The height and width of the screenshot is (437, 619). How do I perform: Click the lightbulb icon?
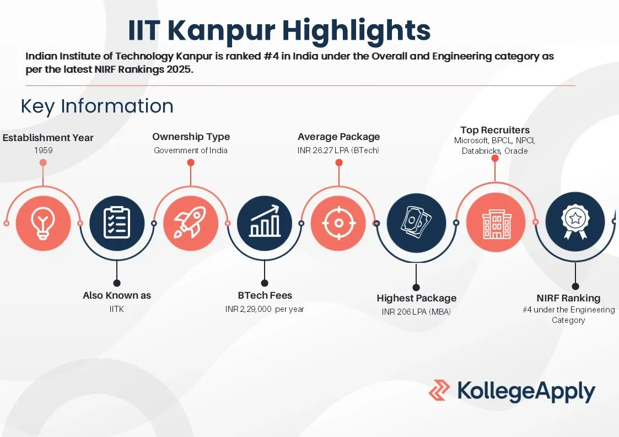43,223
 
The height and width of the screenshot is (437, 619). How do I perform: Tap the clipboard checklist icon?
117,223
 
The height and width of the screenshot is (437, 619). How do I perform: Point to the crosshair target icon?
338,223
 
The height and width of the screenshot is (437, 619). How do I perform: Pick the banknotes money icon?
416,222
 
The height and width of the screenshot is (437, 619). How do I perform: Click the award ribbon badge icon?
575,222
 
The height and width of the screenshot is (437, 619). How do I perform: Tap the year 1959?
44,150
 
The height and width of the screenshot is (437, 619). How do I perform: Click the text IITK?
117,309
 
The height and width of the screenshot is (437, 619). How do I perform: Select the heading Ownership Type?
191,137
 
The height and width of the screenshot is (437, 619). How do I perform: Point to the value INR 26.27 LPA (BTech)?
338,150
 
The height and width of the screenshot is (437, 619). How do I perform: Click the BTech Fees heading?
265,295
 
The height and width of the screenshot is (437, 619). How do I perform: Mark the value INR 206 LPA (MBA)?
416,312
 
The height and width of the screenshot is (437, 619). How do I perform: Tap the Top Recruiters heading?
495,130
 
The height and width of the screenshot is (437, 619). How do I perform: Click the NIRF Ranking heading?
568,298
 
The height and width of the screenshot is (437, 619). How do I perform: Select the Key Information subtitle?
97,106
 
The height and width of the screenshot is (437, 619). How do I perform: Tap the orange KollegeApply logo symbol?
439,390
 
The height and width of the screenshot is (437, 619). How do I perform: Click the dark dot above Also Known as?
117,283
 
